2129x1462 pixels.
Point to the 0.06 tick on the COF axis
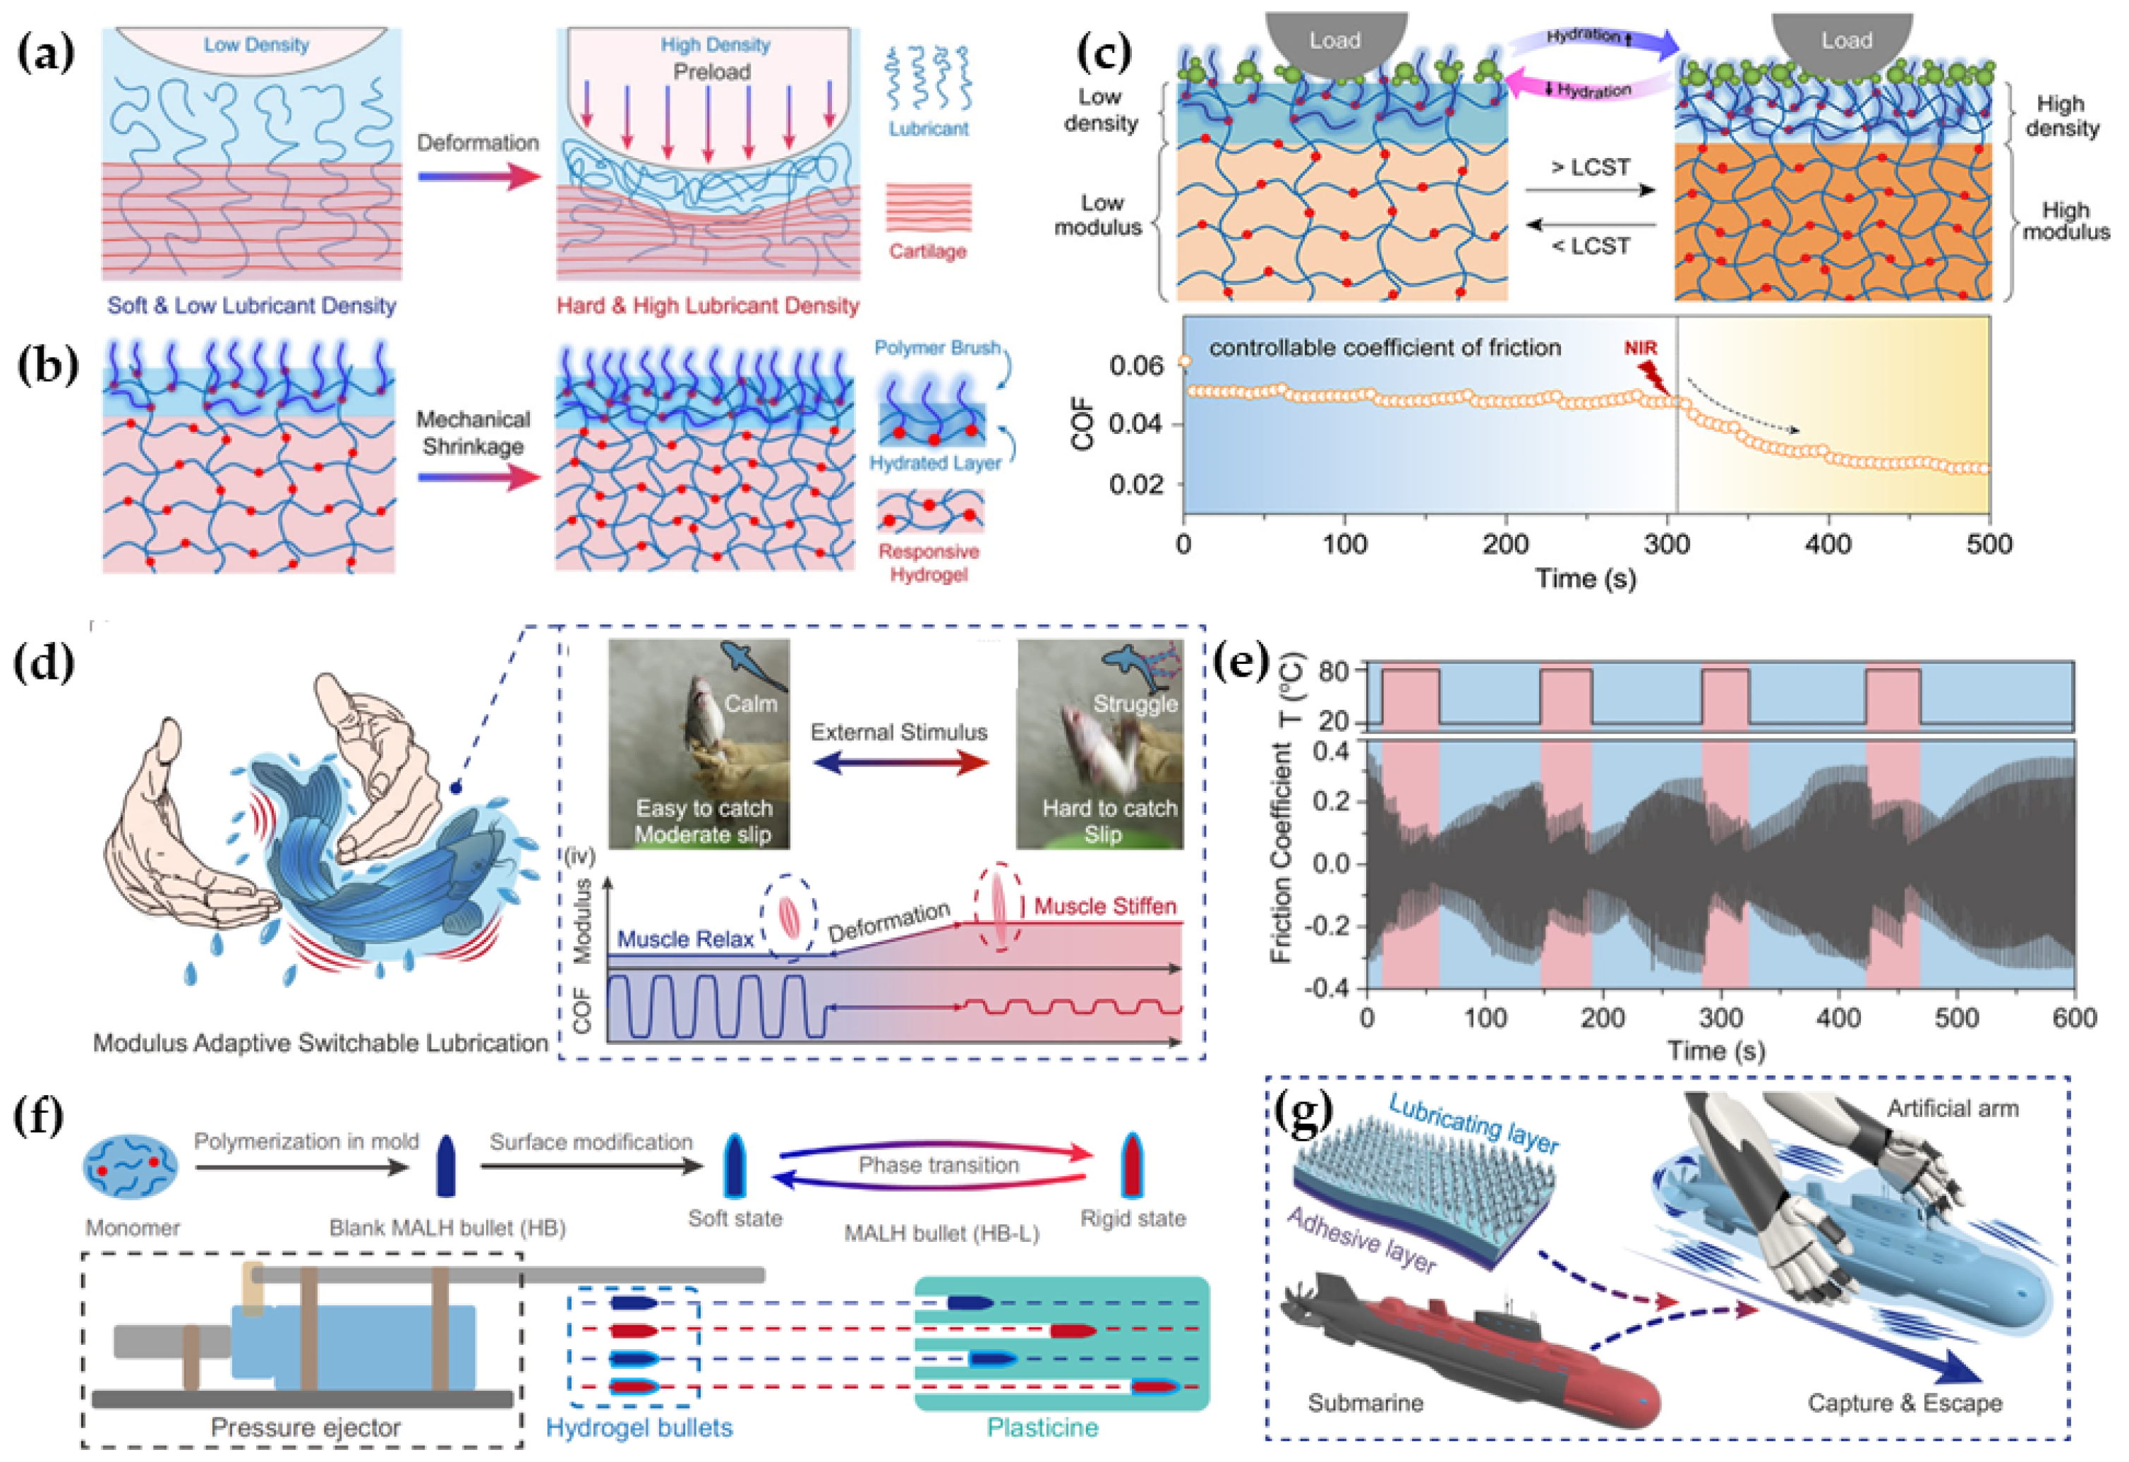point(1136,365)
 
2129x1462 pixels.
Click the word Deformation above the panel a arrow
point(477,143)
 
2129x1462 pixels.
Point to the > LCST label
point(1591,168)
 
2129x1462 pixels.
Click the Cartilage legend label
point(927,251)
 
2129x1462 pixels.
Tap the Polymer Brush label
point(936,348)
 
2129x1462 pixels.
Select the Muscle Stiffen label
point(1105,906)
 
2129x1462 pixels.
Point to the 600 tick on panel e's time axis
point(2074,1019)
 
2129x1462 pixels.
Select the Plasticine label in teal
point(1042,1427)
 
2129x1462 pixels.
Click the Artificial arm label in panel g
point(1952,1108)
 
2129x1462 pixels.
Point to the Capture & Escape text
point(1905,1403)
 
